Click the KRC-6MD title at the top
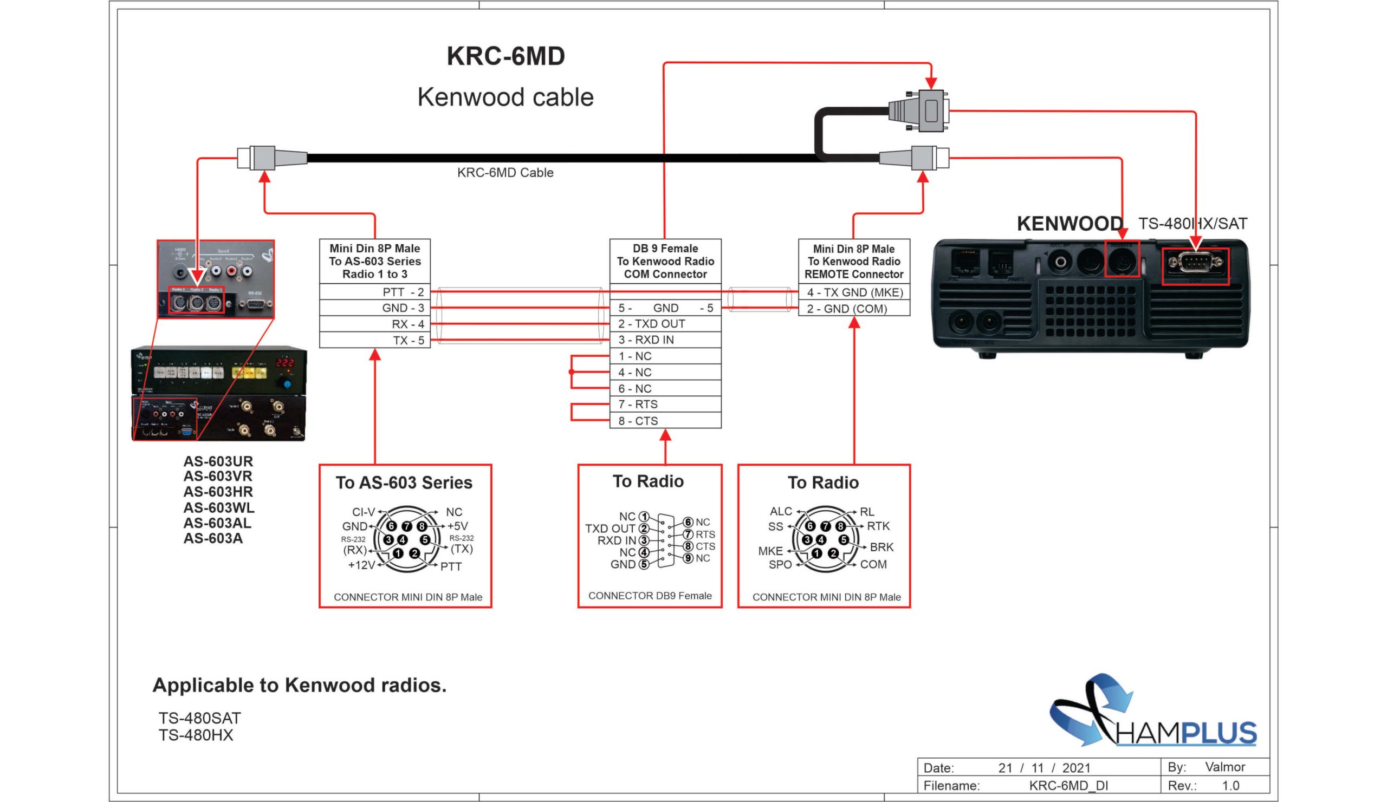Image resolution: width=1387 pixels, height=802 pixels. click(505, 56)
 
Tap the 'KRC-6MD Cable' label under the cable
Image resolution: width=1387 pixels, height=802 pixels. click(505, 173)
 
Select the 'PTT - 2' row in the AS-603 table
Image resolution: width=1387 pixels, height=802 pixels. click(374, 292)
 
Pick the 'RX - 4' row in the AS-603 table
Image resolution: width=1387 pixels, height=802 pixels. click(374, 324)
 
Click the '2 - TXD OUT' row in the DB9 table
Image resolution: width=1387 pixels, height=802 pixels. click(665, 324)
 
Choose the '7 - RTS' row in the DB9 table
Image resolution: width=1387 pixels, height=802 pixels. click(665, 405)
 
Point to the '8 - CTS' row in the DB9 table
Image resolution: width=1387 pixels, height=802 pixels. click(665, 421)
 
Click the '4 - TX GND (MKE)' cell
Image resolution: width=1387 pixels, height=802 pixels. click(854, 292)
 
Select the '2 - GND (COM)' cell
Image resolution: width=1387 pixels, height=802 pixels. click(854, 309)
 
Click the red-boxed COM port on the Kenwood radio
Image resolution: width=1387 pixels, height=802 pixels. click(1195, 266)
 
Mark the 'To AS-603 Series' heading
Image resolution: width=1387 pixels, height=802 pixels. click(404, 482)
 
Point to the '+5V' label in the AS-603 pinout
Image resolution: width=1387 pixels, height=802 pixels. click(457, 526)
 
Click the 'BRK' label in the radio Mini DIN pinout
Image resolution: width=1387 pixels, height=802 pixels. click(881, 547)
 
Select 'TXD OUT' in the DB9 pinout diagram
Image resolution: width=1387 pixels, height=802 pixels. click(610, 529)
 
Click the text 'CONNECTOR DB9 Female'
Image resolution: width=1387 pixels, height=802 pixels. click(650, 596)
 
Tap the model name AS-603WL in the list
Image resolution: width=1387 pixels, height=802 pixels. click(218, 507)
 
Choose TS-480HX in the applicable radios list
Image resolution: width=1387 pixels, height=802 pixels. click(196, 735)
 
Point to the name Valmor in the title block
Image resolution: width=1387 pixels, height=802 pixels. click(1224, 767)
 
